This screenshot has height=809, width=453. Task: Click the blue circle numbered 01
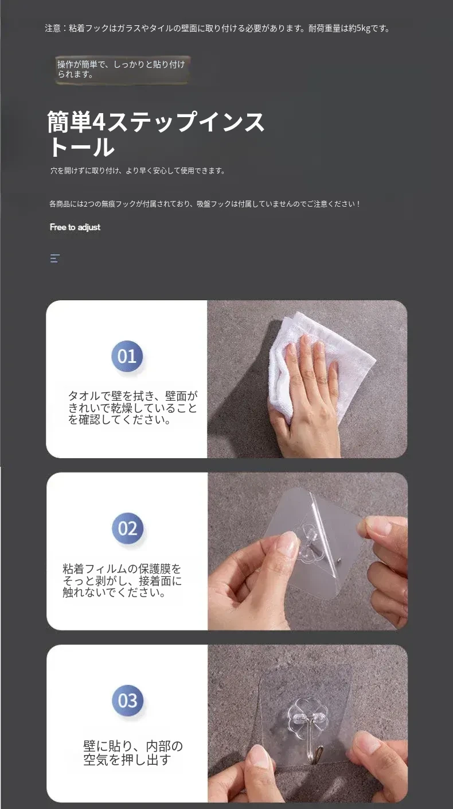click(x=127, y=357)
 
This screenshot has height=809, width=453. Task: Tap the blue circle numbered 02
click(x=128, y=528)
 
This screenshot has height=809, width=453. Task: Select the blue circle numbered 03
click(x=128, y=700)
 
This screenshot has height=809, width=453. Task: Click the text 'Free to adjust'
click(x=75, y=227)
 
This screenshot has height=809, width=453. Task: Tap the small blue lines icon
click(x=55, y=258)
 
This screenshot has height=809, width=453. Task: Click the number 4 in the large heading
click(x=99, y=122)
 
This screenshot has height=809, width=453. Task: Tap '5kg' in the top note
click(x=363, y=29)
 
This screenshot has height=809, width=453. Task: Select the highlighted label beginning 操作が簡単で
click(x=121, y=69)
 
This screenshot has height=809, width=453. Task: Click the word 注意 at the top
click(x=53, y=29)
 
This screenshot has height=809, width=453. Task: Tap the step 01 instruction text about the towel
click(x=132, y=408)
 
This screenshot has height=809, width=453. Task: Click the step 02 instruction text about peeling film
click(x=122, y=580)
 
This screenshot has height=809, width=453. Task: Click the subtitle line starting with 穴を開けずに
click(x=138, y=171)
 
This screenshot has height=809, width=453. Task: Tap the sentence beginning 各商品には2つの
click(x=205, y=204)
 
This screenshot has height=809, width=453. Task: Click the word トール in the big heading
click(x=81, y=147)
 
